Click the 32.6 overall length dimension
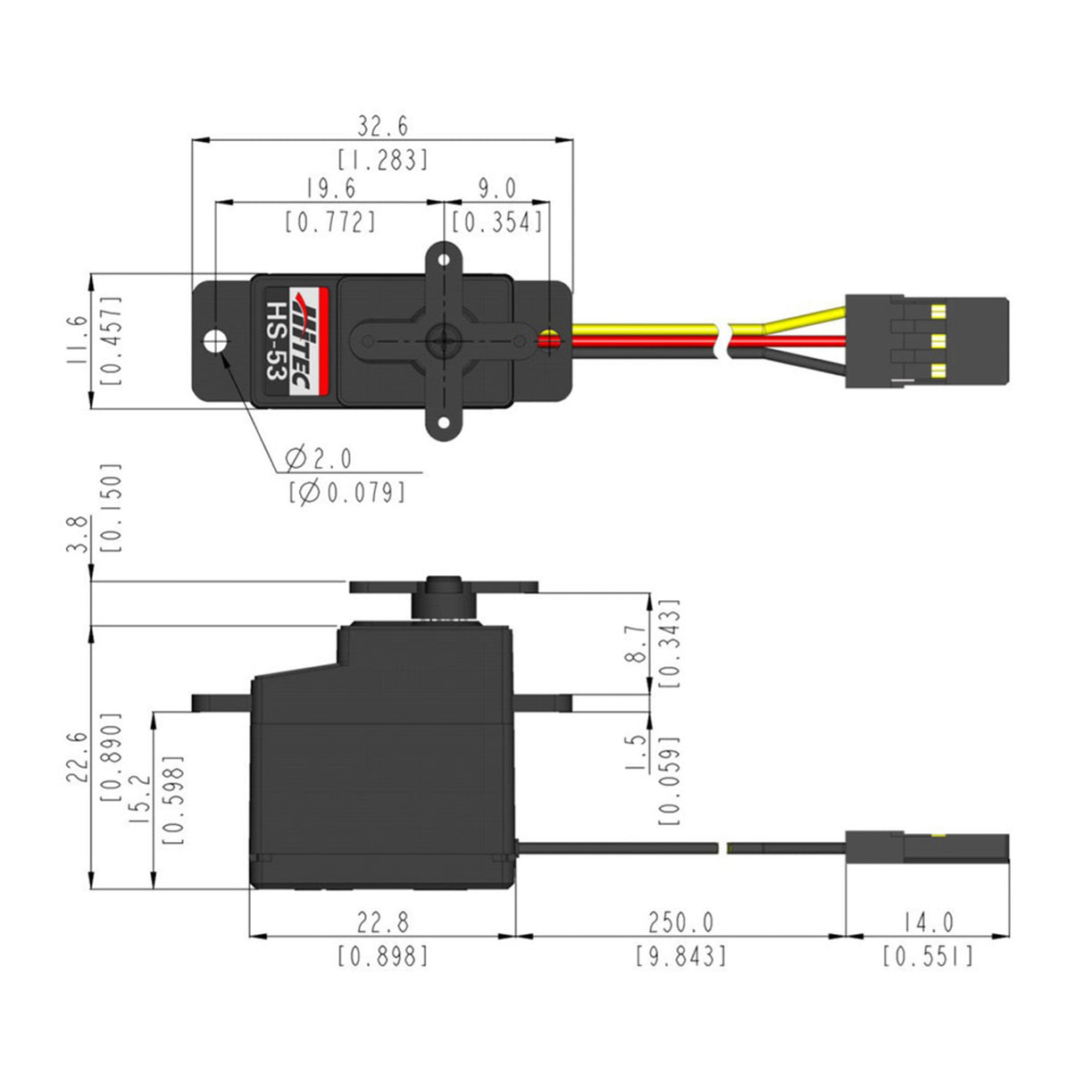click(x=383, y=125)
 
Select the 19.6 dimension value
click(x=330, y=188)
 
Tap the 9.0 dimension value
click(x=497, y=188)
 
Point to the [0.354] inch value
click(x=497, y=221)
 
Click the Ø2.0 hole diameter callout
click(x=319, y=459)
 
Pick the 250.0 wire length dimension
click(x=680, y=921)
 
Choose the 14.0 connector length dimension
click(x=928, y=921)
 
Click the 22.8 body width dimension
click(x=382, y=921)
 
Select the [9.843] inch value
click(x=680, y=956)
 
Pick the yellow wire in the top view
click(x=643, y=330)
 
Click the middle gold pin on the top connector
click(x=937, y=340)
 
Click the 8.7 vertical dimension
click(x=635, y=643)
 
